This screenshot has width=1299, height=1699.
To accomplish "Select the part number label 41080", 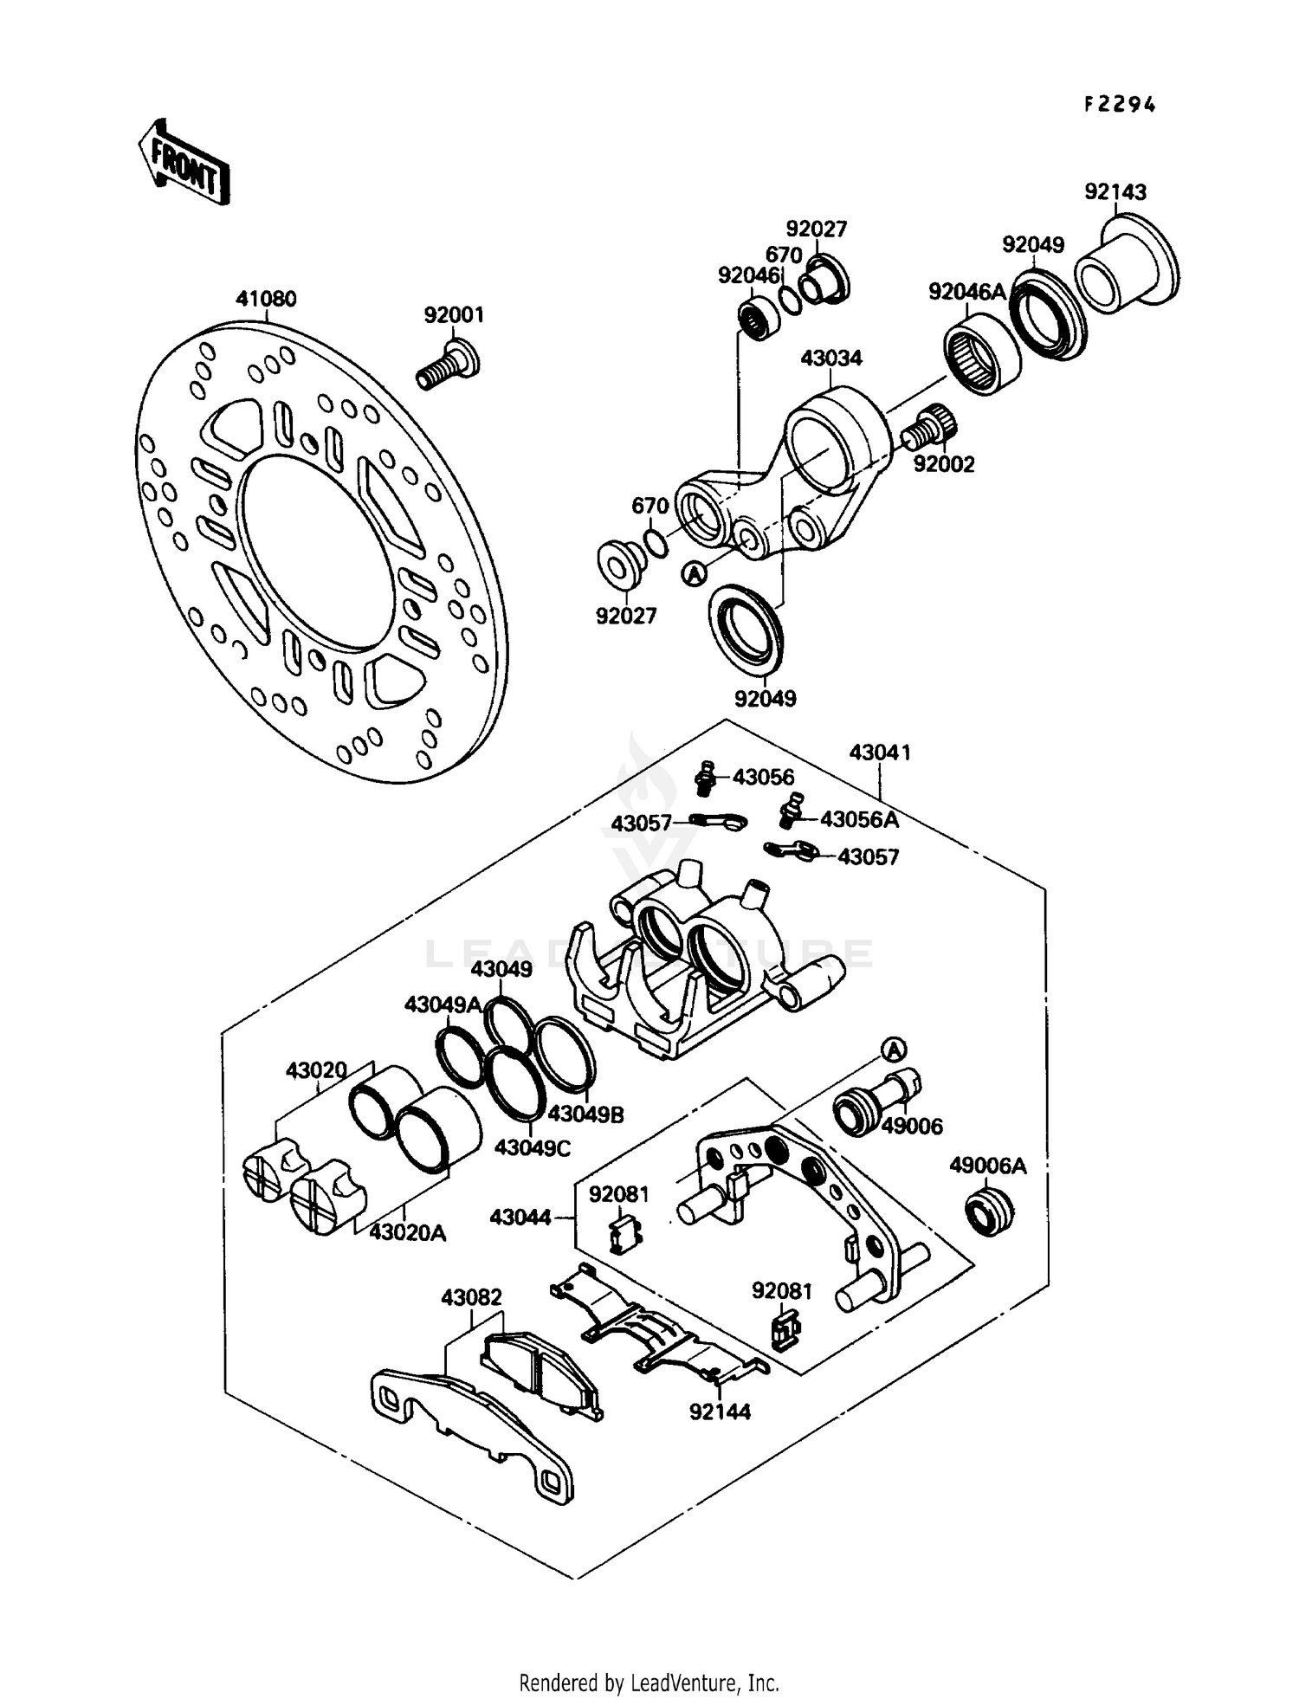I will (x=266, y=300).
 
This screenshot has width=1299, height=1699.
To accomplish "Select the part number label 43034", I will (x=830, y=359).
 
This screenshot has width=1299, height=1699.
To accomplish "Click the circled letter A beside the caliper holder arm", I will (x=694, y=573).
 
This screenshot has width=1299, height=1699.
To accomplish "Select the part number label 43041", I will (x=880, y=753).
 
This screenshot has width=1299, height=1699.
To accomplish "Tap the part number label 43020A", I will (x=407, y=1232).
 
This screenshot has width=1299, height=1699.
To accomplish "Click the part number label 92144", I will (x=720, y=1412).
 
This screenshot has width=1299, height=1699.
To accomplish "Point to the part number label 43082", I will (x=471, y=1297).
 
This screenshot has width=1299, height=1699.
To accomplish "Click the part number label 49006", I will (x=912, y=1126).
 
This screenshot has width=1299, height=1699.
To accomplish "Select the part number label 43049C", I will (x=533, y=1147).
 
